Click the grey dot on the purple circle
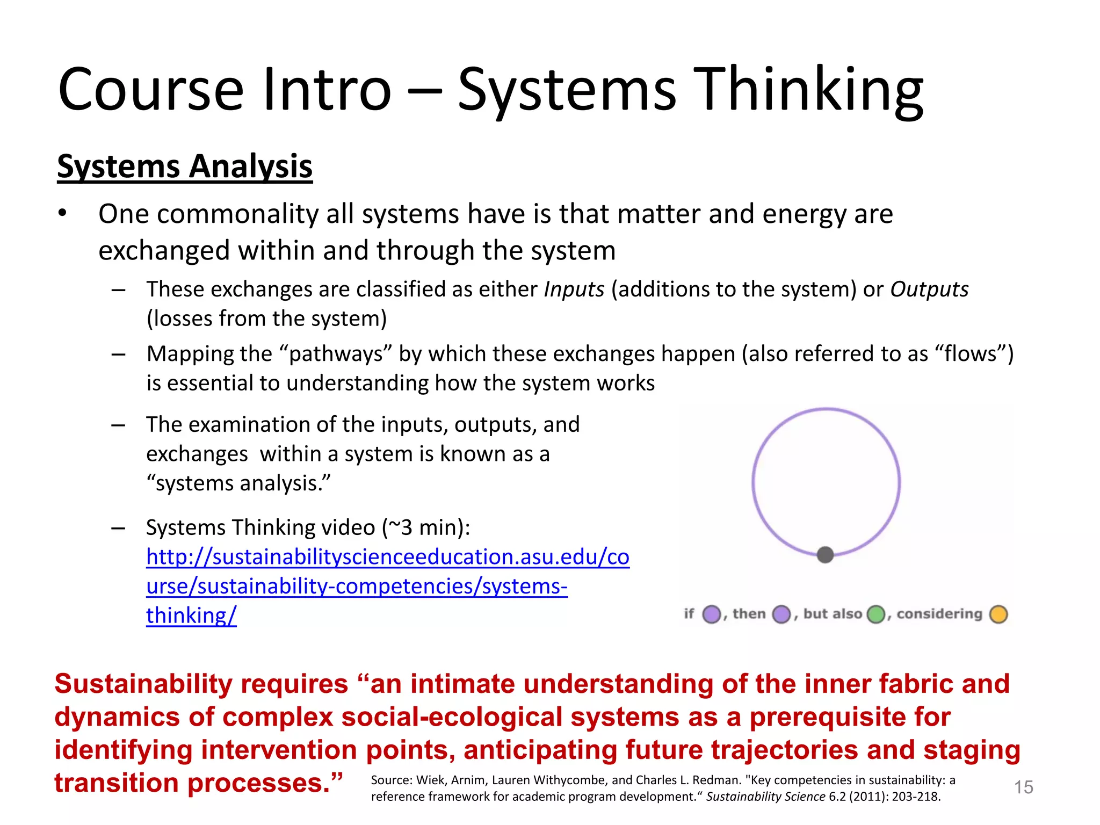tap(825, 554)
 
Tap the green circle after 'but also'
tap(876, 614)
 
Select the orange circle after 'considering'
tap(998, 614)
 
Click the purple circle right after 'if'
tap(712, 614)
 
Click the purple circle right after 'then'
tap(781, 614)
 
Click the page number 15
tap(1023, 787)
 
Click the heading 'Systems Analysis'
tap(184, 166)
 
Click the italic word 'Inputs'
tap(574, 290)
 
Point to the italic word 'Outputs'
tap(929, 290)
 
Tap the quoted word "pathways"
tap(336, 354)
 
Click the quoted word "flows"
tap(970, 354)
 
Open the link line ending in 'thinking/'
tap(191, 616)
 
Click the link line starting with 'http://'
tap(387, 557)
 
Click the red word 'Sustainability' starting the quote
tap(143, 684)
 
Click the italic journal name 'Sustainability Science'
tap(765, 797)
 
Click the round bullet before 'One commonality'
tap(62, 214)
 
